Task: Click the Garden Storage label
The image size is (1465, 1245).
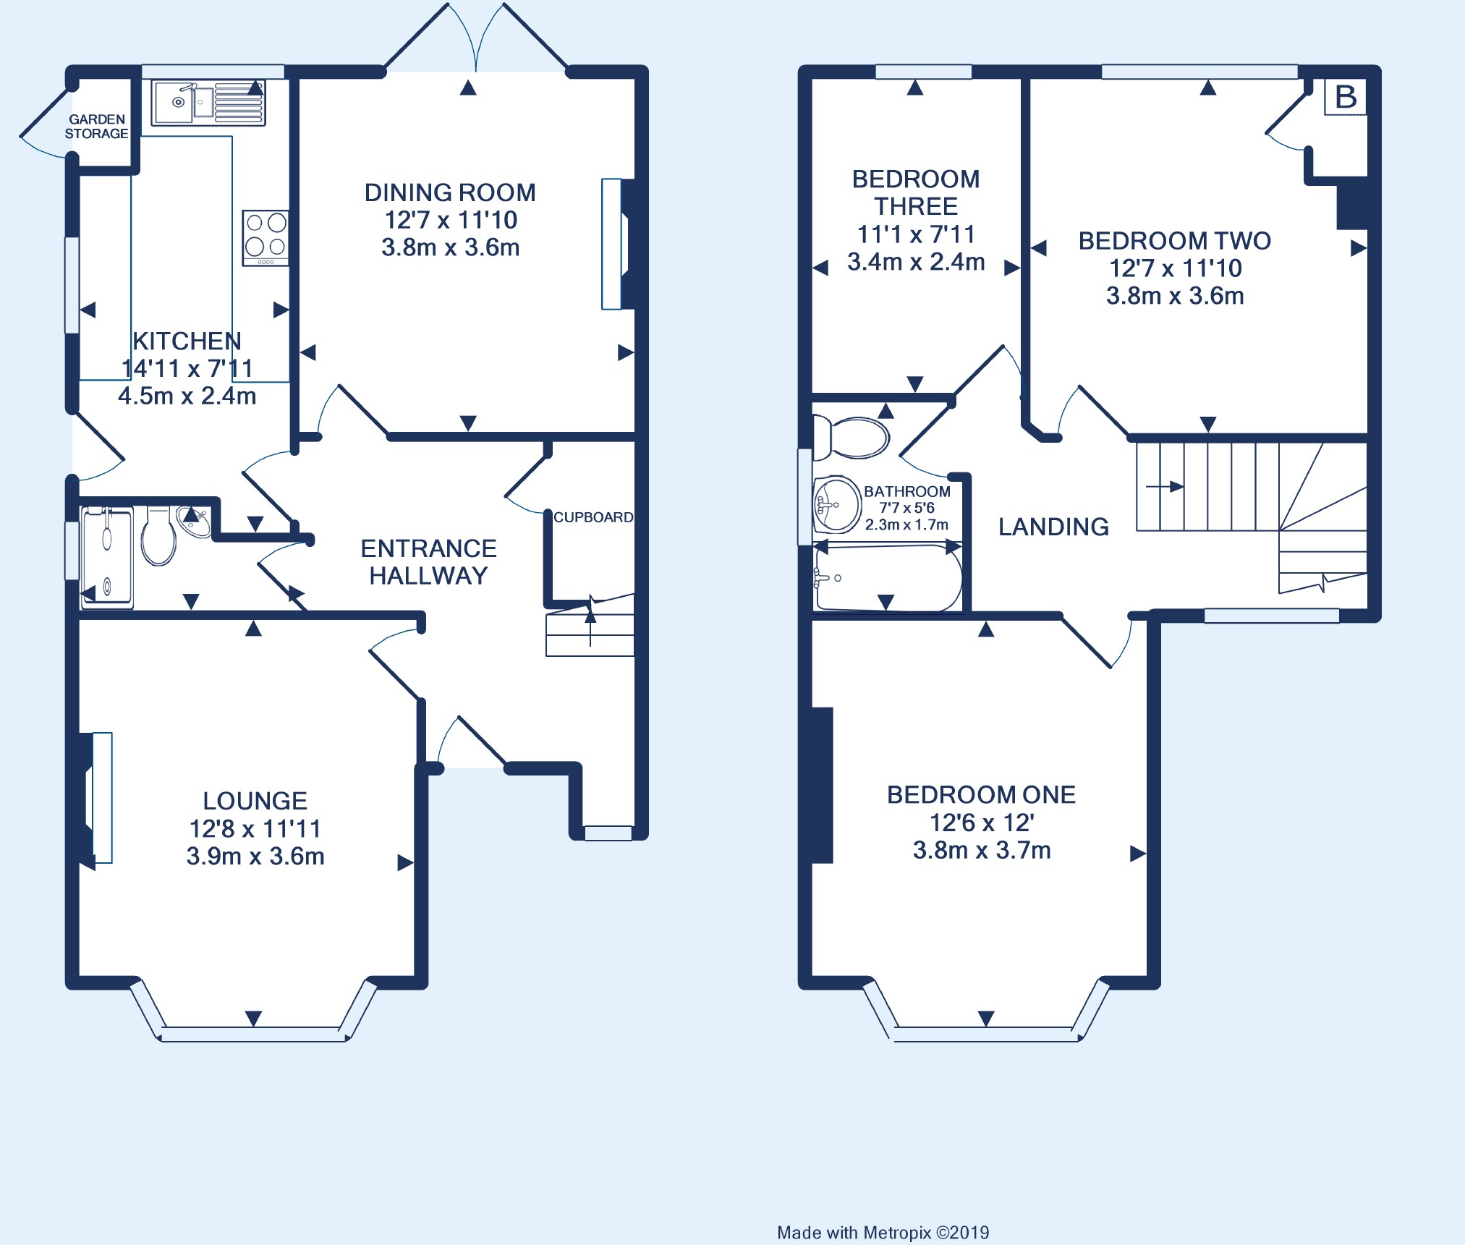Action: click(x=96, y=127)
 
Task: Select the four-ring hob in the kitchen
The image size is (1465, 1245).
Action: click(x=266, y=238)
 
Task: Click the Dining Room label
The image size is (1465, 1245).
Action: click(x=450, y=192)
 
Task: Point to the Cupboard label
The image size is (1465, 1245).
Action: click(x=593, y=517)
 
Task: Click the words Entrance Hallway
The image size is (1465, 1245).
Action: click(x=428, y=562)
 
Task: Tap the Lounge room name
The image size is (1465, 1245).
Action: click(x=255, y=801)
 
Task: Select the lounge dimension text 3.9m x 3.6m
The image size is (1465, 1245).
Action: click(x=255, y=857)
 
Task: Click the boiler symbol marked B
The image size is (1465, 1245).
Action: click(x=1346, y=97)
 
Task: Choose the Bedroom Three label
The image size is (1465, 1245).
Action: click(x=916, y=192)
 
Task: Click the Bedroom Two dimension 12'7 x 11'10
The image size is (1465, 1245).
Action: click(x=1176, y=268)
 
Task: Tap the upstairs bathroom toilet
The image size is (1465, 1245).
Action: click(x=851, y=437)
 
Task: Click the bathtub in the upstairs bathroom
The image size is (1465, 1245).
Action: click(x=888, y=578)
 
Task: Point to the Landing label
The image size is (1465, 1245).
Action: click(x=1053, y=527)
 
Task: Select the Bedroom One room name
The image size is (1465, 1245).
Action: click(x=982, y=795)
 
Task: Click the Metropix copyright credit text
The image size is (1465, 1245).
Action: click(x=883, y=1233)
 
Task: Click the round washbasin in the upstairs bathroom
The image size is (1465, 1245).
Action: click(x=837, y=504)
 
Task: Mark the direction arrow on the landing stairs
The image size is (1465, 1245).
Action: click(x=1165, y=487)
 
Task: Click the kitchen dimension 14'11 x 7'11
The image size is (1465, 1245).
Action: click(x=187, y=369)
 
